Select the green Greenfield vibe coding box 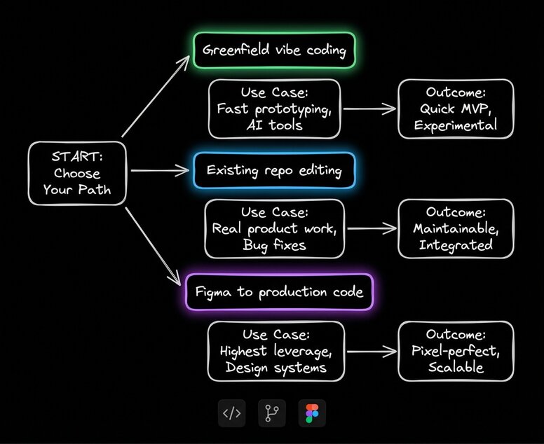274,50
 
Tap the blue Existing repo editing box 274,170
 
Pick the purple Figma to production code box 279,291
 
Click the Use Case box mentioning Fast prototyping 274,109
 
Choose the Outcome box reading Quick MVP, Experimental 456,109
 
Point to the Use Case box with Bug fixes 274,228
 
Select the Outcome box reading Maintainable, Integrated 456,228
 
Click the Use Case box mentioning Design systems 276,351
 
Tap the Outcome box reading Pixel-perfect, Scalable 456,351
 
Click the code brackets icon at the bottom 231,413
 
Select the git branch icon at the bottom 272,413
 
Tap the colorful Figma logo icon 312,413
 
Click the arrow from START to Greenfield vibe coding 155,97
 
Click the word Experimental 456,126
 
